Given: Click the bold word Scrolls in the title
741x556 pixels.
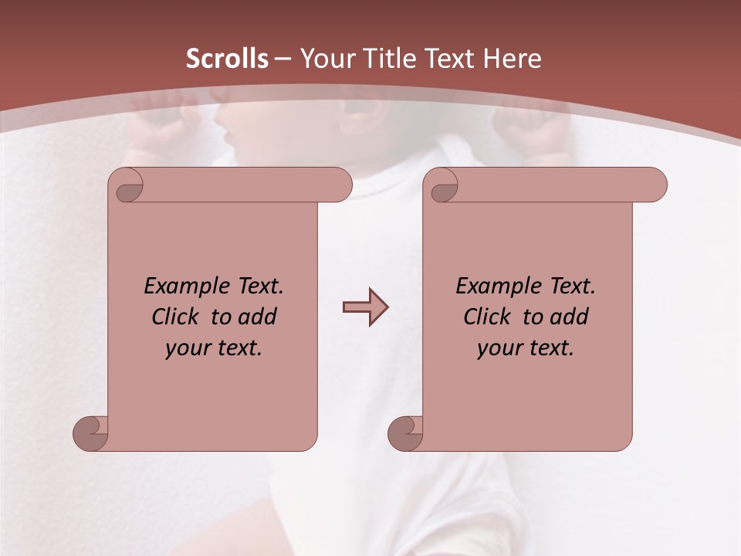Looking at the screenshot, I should (x=227, y=59).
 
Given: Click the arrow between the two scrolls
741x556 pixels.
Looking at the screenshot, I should (x=365, y=307).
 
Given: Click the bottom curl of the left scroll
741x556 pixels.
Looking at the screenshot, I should (x=91, y=433).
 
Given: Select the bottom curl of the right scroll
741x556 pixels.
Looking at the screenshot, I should (x=406, y=433).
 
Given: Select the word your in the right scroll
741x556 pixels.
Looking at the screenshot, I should (x=498, y=348).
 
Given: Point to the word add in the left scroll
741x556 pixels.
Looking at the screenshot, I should (x=258, y=317).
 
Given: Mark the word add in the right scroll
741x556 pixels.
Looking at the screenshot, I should (x=570, y=317).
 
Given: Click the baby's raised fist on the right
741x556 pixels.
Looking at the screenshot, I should (x=536, y=135).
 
